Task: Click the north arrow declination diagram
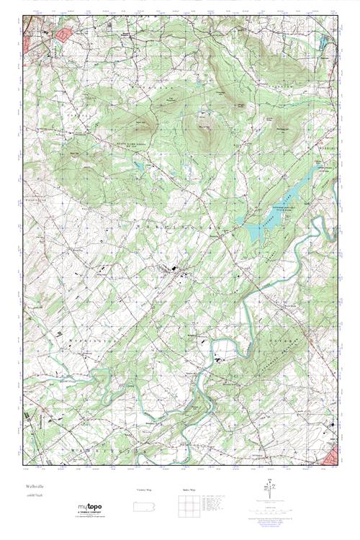click(x=272, y=491)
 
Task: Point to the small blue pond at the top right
click(x=323, y=40)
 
